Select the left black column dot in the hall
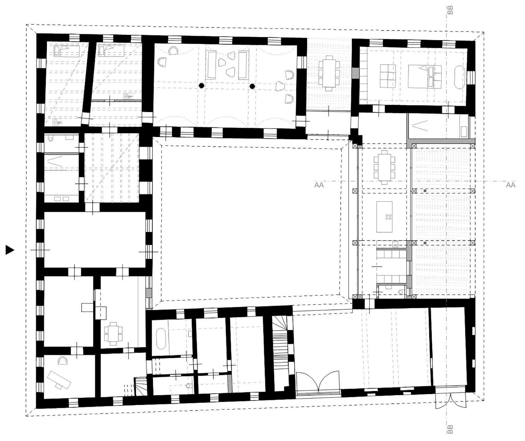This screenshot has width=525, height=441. tap(201, 85)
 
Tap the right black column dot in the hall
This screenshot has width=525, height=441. tap(252, 86)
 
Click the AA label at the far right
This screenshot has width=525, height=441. tap(511, 185)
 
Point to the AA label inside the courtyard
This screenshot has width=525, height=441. tap(319, 185)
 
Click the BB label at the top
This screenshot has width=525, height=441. tap(450, 10)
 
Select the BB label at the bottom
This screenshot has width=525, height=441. tap(450, 429)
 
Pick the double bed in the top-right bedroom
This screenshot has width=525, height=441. tap(421, 76)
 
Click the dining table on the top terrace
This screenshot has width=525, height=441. tap(329, 73)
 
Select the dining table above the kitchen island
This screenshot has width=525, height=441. tap(384, 167)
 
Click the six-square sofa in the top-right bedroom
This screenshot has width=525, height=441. tap(388, 76)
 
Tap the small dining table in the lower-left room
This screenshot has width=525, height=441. tap(113, 333)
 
